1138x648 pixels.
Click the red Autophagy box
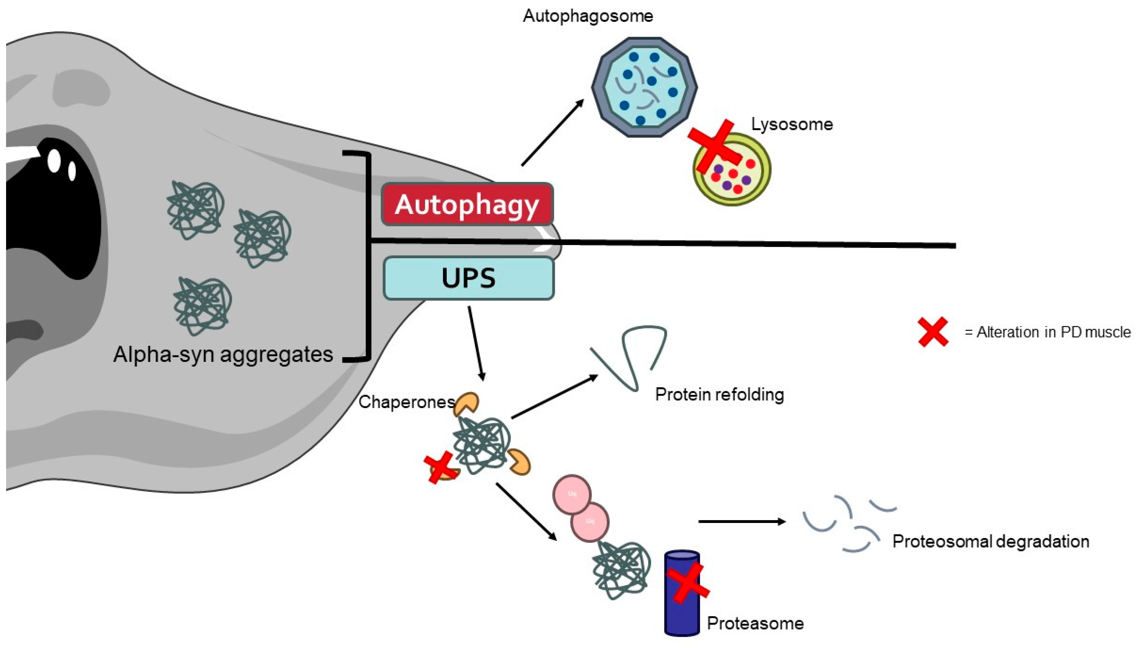(x=467, y=204)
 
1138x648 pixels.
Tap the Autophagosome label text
(x=588, y=16)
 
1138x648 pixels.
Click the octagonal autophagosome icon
(x=644, y=87)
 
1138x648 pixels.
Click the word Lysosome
(x=792, y=124)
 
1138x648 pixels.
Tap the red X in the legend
(x=933, y=332)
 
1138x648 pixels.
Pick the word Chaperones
(x=407, y=402)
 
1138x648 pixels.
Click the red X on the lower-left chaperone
(x=440, y=467)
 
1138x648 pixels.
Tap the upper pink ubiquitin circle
(x=572, y=494)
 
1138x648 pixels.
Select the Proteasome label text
(x=755, y=623)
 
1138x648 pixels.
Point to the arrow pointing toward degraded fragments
(x=742, y=522)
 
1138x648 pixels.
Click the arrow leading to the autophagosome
(x=552, y=133)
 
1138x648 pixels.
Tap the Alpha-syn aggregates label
(x=223, y=355)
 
